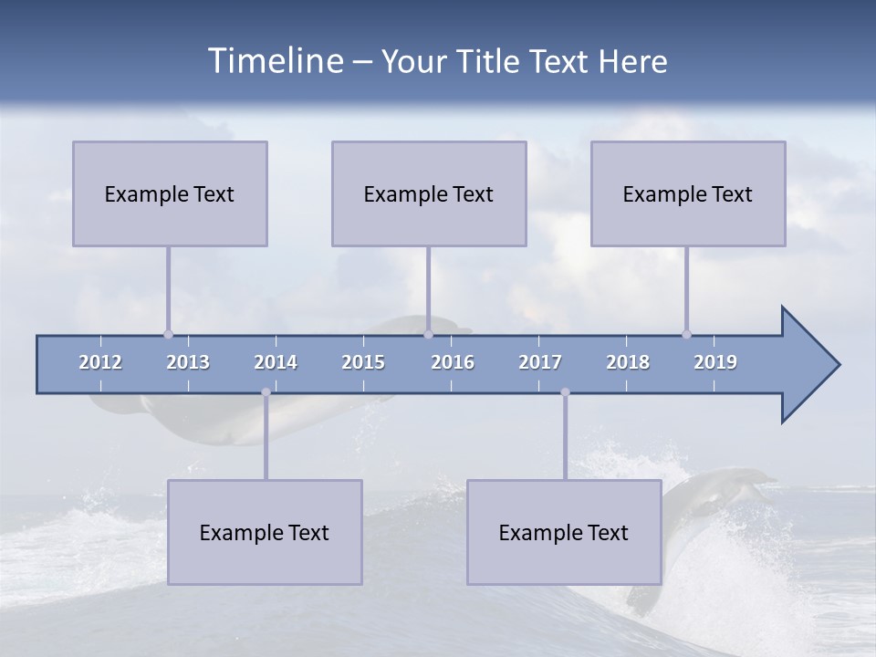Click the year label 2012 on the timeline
100,362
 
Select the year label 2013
188,362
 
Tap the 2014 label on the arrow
276,362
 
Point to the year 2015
363,362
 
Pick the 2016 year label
453,362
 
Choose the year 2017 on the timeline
540,362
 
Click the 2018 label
628,362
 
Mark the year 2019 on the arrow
715,362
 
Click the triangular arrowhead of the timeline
808,365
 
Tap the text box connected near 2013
170,193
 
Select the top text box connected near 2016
429,193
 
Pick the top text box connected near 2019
688,193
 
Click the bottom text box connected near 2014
265,532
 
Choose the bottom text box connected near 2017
564,532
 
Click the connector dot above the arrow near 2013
168,334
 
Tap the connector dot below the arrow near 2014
266,392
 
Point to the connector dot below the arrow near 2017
565,392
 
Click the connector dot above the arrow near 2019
686,334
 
